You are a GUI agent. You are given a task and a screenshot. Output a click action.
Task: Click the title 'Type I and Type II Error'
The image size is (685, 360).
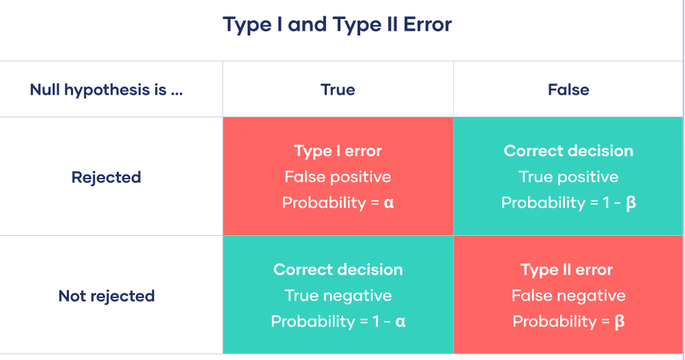pyautogui.click(x=337, y=25)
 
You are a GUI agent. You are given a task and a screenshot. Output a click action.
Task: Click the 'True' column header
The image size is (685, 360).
pyautogui.click(x=338, y=89)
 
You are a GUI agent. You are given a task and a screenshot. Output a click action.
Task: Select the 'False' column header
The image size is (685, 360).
pyautogui.click(x=568, y=89)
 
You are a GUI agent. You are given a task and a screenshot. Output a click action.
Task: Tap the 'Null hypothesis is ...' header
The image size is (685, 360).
pyautogui.click(x=106, y=90)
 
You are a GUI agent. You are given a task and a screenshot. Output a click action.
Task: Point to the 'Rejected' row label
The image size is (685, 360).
pyautogui.click(x=106, y=177)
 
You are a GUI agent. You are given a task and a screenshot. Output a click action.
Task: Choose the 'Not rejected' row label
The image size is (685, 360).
pyautogui.click(x=106, y=296)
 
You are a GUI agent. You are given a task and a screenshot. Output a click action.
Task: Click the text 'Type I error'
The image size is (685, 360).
pyautogui.click(x=338, y=151)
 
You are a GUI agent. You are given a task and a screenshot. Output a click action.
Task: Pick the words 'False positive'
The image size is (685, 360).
pyautogui.click(x=338, y=177)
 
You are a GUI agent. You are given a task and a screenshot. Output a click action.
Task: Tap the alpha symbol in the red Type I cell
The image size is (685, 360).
pyautogui.click(x=389, y=203)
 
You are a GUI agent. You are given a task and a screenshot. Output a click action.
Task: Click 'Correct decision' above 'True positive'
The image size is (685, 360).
pyautogui.click(x=568, y=151)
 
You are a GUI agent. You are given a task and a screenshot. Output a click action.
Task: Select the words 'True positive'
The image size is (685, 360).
pyautogui.click(x=568, y=177)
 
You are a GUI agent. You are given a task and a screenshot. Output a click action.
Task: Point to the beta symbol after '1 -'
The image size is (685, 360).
pyautogui.click(x=630, y=203)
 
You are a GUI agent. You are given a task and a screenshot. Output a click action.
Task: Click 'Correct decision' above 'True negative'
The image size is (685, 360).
pyautogui.click(x=338, y=269)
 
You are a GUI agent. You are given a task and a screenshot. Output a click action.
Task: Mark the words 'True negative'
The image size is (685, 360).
pyautogui.click(x=338, y=296)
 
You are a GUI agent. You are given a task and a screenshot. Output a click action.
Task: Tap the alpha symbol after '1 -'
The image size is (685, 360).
pyautogui.click(x=400, y=322)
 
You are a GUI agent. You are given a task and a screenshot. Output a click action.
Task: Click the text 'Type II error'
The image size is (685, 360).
pyautogui.click(x=566, y=270)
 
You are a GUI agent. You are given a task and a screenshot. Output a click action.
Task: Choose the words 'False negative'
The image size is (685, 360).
pyautogui.click(x=568, y=296)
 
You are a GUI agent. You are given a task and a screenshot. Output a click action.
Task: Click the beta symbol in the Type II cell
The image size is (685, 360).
pyautogui.click(x=620, y=322)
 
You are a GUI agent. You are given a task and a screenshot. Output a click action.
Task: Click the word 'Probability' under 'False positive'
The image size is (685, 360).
pyautogui.click(x=324, y=203)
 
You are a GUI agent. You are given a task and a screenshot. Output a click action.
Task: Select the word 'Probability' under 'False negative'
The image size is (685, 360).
pyautogui.click(x=555, y=322)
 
